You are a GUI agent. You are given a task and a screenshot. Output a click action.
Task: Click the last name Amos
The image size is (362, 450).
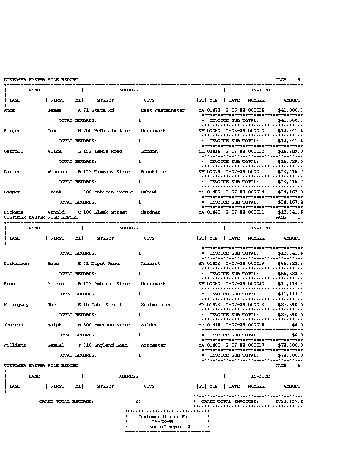pyautogui.click(x=9, y=110)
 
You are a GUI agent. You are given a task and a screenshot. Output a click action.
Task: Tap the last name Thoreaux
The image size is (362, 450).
pyautogui.click(x=15, y=325)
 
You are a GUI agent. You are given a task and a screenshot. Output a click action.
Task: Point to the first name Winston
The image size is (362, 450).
pyautogui.click(x=57, y=172)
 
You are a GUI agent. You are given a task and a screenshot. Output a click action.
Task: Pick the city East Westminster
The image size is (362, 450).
pyautogui.click(x=163, y=110)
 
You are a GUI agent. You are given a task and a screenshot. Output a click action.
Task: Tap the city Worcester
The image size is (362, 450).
pyautogui.click(x=153, y=345)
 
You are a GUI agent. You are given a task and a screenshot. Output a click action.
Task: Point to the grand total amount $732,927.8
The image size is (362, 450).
pyautogui.click(x=289, y=402)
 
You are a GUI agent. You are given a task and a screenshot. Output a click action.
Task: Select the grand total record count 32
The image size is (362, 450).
pyautogui.click(x=138, y=402)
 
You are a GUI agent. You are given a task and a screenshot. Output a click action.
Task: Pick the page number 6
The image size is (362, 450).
pyautogui.click(x=299, y=365)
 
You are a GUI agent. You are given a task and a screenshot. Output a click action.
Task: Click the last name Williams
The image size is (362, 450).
pyautogui.click(x=15, y=345)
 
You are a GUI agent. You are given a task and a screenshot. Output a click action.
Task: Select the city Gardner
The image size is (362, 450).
pyautogui.click(x=151, y=212)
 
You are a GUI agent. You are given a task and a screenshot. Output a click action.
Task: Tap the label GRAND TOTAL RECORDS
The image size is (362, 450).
pyautogui.click(x=66, y=402)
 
